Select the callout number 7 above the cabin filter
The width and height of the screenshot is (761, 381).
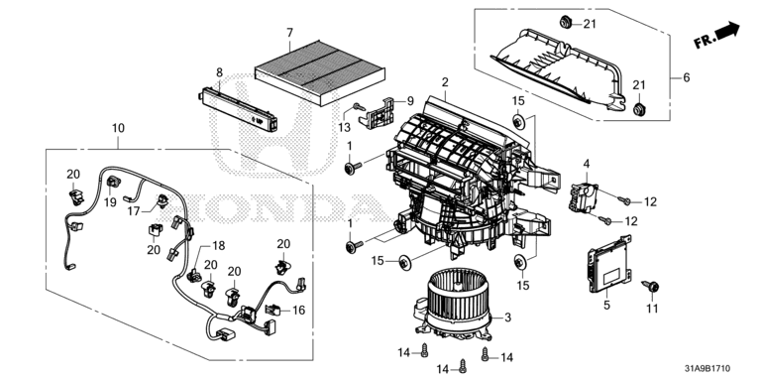pyautogui.click(x=289, y=33)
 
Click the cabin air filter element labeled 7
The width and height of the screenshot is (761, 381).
pyautogui.click(x=320, y=71)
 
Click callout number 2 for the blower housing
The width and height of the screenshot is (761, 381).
pyautogui.click(x=445, y=82)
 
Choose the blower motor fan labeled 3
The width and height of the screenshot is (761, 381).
pyautogui.click(x=458, y=305)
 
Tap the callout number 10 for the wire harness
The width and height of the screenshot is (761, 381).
pyautogui.click(x=118, y=128)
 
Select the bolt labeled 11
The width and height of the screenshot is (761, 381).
pyautogui.click(x=650, y=286)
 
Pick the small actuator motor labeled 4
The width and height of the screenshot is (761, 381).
pyautogui.click(x=584, y=196)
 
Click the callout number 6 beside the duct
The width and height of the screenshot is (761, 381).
pyautogui.click(x=686, y=77)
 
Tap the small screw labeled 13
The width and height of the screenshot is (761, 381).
pyautogui.click(x=359, y=106)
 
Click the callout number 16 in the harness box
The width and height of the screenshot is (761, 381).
pyautogui.click(x=299, y=310)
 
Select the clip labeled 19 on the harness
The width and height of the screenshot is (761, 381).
pyautogui.click(x=114, y=183)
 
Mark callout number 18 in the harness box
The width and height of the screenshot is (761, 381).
pyautogui.click(x=218, y=246)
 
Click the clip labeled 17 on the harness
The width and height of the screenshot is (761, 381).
pyautogui.click(x=163, y=199)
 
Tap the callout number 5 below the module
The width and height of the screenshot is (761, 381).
pyautogui.click(x=606, y=306)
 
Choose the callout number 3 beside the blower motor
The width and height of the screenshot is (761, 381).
pyautogui.click(x=507, y=317)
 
